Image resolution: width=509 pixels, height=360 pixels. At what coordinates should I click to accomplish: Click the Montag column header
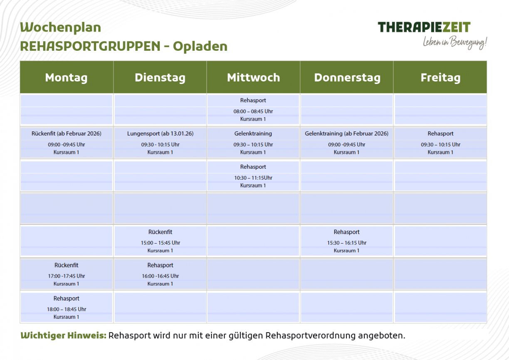tap(67, 78)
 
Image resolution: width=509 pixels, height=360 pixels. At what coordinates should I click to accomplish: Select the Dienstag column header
tap(160, 78)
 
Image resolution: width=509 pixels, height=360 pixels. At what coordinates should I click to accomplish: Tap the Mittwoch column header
tap(253, 78)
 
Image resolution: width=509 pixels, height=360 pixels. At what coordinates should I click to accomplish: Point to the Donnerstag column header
tap(347, 78)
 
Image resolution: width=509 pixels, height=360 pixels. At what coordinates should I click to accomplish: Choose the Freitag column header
tap(440, 78)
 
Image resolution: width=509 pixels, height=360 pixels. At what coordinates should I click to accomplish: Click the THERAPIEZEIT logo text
tap(424, 27)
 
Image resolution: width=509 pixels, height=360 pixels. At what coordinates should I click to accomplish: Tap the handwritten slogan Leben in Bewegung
tap(455, 42)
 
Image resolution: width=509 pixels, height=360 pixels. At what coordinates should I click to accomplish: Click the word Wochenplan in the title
tap(60, 28)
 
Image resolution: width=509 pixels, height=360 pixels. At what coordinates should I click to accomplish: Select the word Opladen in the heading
tap(200, 46)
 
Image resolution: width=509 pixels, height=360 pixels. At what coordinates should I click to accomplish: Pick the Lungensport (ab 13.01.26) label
tap(160, 133)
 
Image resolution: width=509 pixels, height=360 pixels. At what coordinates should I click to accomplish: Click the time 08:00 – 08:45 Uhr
tap(253, 111)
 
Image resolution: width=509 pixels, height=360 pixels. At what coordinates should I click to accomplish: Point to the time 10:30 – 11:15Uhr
tap(253, 178)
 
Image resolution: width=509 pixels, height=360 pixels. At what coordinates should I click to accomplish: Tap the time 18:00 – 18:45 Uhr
tap(67, 309)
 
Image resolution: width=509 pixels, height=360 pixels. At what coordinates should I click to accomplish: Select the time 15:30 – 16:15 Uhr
tap(346, 243)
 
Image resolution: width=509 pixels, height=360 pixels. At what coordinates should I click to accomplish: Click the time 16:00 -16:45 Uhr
tap(160, 276)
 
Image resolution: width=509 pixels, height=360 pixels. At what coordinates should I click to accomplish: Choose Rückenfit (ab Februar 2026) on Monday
tap(67, 133)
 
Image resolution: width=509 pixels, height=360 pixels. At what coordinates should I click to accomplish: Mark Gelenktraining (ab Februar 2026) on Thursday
tap(346, 133)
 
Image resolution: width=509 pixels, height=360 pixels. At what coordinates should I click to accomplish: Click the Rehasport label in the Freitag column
tap(440, 133)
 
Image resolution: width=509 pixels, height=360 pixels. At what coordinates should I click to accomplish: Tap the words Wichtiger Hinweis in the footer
tap(63, 335)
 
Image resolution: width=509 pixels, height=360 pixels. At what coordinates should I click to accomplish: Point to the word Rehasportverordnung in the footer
tap(310, 335)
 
